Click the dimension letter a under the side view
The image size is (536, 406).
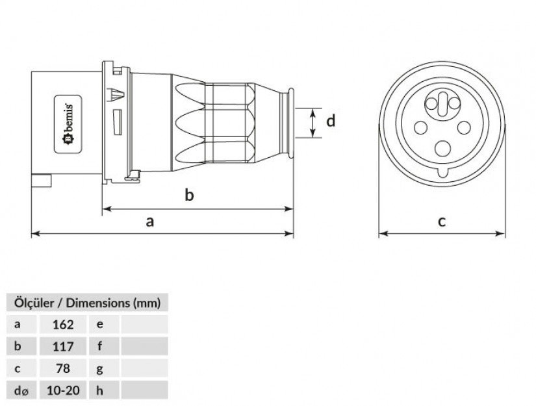click(150, 222)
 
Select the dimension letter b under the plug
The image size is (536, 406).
click(189, 196)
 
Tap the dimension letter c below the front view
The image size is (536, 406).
click(441, 222)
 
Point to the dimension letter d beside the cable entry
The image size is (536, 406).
click(331, 121)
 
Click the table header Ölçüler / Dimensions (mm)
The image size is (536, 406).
click(83, 302)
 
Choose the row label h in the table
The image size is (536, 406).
click(100, 390)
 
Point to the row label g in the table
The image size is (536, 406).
click(100, 368)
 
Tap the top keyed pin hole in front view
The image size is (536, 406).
click(442, 105)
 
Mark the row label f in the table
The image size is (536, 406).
click(100, 346)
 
